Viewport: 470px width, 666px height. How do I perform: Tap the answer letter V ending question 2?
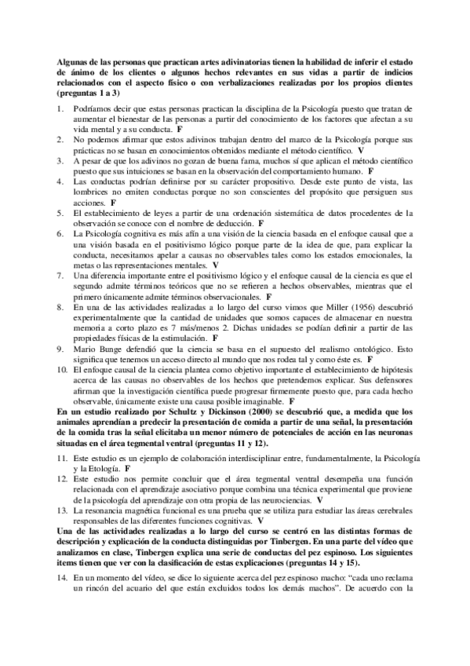pos(361,148)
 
